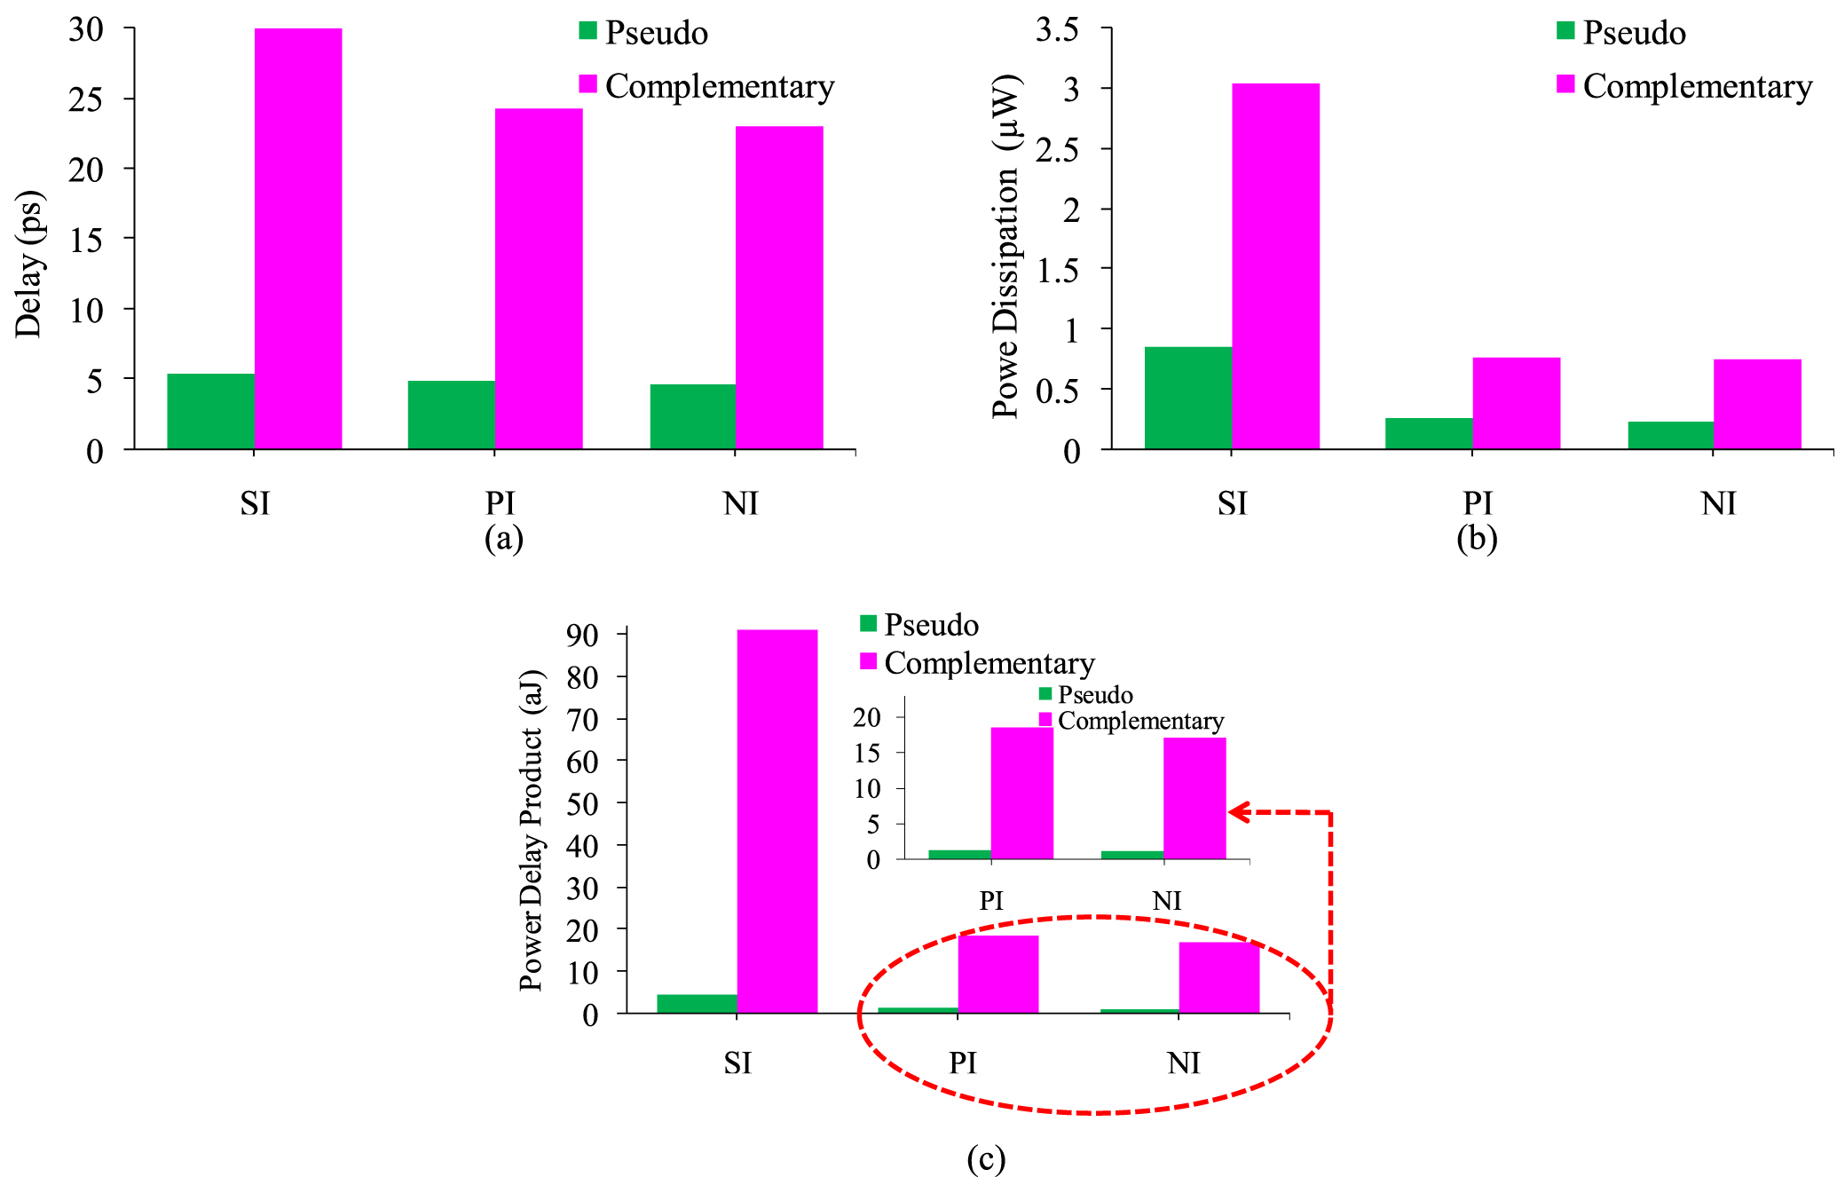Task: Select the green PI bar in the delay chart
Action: coord(451,415)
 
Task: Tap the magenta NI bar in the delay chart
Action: coord(779,288)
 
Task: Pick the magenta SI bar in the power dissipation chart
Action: coord(1275,266)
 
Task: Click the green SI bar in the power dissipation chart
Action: coord(1187,398)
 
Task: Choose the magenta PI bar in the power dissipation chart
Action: coord(1516,403)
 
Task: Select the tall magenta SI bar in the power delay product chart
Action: coord(777,821)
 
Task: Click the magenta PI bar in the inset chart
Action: coord(1021,793)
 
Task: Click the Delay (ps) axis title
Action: coord(28,264)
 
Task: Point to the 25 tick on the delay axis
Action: coord(86,99)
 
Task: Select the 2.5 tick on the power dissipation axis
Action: coord(1057,148)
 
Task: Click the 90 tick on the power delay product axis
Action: coord(582,636)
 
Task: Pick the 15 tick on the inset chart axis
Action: coord(866,753)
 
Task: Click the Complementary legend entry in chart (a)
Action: coord(719,86)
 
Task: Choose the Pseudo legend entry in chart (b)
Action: coord(1633,33)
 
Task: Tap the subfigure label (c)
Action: coord(986,1158)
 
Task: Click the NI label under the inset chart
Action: coord(1167,901)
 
